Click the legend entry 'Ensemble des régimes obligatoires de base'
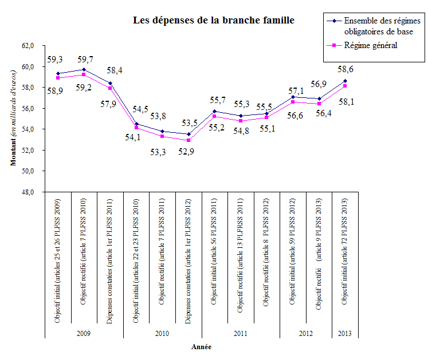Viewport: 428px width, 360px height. (376, 26)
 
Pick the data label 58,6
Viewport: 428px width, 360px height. (344, 69)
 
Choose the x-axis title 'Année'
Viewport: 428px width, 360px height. (201, 346)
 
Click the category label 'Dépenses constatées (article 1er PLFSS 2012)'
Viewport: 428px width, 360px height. (189, 261)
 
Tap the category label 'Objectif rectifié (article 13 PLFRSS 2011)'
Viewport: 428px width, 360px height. (241, 260)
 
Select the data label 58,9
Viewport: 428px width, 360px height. (55, 90)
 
